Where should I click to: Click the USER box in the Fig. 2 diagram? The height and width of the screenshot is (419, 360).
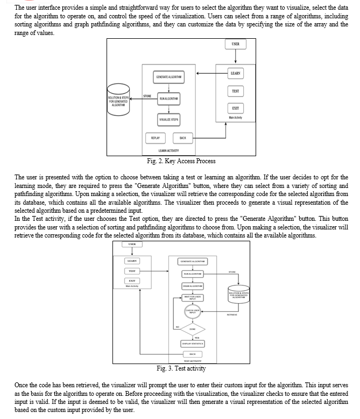click(x=235, y=44)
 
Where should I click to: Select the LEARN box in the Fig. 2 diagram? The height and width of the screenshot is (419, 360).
click(x=235, y=73)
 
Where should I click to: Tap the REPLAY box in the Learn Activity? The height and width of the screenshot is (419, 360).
click(x=155, y=138)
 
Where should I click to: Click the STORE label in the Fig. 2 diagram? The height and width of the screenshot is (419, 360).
click(x=147, y=96)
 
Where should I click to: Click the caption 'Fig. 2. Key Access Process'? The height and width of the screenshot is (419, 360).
click(x=181, y=161)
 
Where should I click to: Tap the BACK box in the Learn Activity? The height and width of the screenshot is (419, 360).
click(x=182, y=138)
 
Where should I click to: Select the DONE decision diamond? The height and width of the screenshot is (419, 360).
click(x=192, y=329)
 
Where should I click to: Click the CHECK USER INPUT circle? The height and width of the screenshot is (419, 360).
click(x=192, y=311)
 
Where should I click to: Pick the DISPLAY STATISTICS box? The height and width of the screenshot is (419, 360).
click(x=192, y=343)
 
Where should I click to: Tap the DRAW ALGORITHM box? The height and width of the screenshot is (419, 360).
click(x=192, y=285)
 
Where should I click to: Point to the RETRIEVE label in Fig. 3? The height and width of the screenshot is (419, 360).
click(x=232, y=315)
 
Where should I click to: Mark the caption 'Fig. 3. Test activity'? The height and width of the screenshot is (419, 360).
click(x=181, y=368)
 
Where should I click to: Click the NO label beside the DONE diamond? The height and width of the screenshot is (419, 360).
click(x=176, y=326)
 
